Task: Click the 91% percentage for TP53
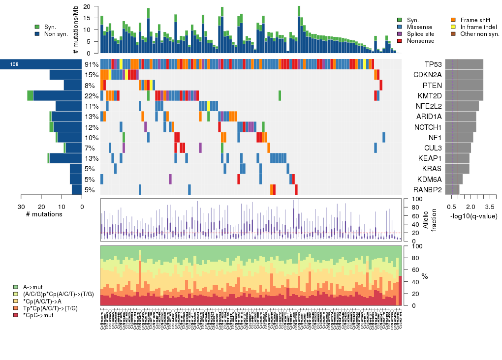pyautogui.click(x=92, y=64)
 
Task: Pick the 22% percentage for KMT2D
pyautogui.click(x=92, y=96)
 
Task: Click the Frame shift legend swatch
pyautogui.click(x=453, y=20)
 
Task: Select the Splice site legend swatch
pyautogui.click(x=399, y=34)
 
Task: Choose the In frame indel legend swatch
pyautogui.click(x=453, y=27)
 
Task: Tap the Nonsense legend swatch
pyautogui.click(x=399, y=41)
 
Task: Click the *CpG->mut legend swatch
pyautogui.click(x=16, y=315)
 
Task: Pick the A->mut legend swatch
pyautogui.click(x=16, y=287)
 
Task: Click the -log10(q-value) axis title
pyautogui.click(x=473, y=216)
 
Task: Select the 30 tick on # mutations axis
pyautogui.click(x=22, y=207)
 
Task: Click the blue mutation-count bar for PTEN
pyautogui.click(x=73, y=85)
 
